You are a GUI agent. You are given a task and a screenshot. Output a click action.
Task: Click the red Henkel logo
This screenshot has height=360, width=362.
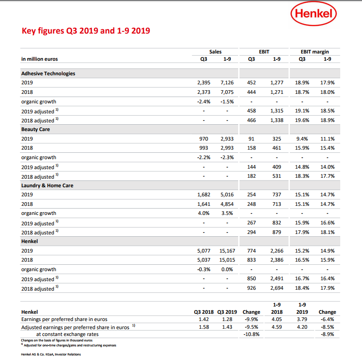click(x=313, y=14)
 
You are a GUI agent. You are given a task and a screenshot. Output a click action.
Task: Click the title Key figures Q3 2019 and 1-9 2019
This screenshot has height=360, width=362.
click(x=86, y=31)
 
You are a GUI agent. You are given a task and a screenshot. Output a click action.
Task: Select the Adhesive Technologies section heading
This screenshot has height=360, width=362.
click(x=48, y=73)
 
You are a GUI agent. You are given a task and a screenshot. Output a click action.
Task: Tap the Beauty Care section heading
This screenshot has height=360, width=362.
click(x=35, y=130)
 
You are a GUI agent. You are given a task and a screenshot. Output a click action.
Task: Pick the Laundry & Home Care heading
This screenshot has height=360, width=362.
click(x=47, y=185)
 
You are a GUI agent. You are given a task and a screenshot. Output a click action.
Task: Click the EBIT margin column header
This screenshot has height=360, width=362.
click(x=315, y=52)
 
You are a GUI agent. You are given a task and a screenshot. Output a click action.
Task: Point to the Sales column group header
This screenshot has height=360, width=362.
click(x=215, y=52)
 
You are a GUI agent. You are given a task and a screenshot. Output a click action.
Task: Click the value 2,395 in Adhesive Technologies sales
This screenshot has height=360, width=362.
click(x=204, y=83)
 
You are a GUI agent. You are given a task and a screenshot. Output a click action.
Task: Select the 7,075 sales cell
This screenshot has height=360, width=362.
click(x=227, y=92)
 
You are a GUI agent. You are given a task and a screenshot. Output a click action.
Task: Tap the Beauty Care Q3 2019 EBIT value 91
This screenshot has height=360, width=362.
click(x=251, y=139)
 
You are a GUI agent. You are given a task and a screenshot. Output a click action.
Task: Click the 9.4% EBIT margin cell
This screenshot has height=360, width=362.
click(x=302, y=139)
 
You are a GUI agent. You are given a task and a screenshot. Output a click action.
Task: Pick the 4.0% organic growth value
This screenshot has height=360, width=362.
click(x=204, y=213)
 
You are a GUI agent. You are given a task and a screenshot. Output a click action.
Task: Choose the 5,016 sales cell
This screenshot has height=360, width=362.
click(x=227, y=195)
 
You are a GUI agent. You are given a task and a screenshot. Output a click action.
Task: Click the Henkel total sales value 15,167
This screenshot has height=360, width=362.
click(x=227, y=251)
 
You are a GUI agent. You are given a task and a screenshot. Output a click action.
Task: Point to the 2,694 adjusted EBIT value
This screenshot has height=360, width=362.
click(x=277, y=288)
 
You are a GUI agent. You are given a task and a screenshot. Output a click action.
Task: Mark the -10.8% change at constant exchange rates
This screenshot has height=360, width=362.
click(x=251, y=334)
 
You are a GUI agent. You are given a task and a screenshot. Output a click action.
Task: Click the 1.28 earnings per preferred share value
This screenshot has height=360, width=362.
click(x=227, y=319)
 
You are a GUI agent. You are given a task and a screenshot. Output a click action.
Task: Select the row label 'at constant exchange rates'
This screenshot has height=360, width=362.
click(x=67, y=335)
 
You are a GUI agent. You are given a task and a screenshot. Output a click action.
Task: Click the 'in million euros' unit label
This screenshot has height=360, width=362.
click(x=39, y=59)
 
